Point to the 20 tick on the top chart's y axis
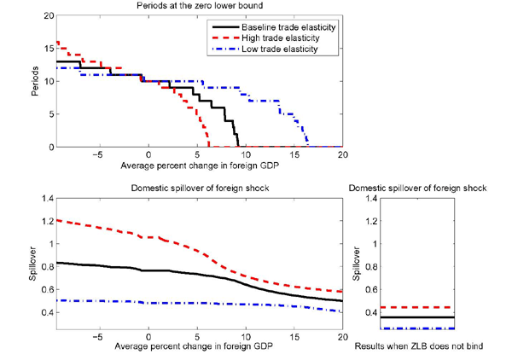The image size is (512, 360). [47, 16]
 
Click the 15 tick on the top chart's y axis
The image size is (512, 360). [47, 49]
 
